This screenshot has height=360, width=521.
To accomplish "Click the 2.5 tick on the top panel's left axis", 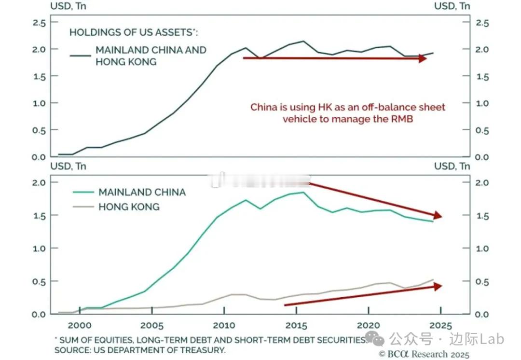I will [39, 23].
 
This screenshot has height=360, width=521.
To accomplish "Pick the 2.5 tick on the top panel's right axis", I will [482, 23].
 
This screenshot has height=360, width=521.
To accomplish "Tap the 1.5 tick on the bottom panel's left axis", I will [39, 215].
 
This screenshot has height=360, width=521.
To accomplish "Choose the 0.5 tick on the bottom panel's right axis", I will [482, 282].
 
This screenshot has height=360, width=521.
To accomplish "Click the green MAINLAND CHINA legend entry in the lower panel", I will [142, 192].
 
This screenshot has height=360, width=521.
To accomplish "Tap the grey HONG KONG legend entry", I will [129, 207].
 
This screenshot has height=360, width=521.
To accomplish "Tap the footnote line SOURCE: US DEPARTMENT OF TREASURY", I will [140, 350].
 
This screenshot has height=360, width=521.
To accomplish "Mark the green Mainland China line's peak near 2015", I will [303, 193].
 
